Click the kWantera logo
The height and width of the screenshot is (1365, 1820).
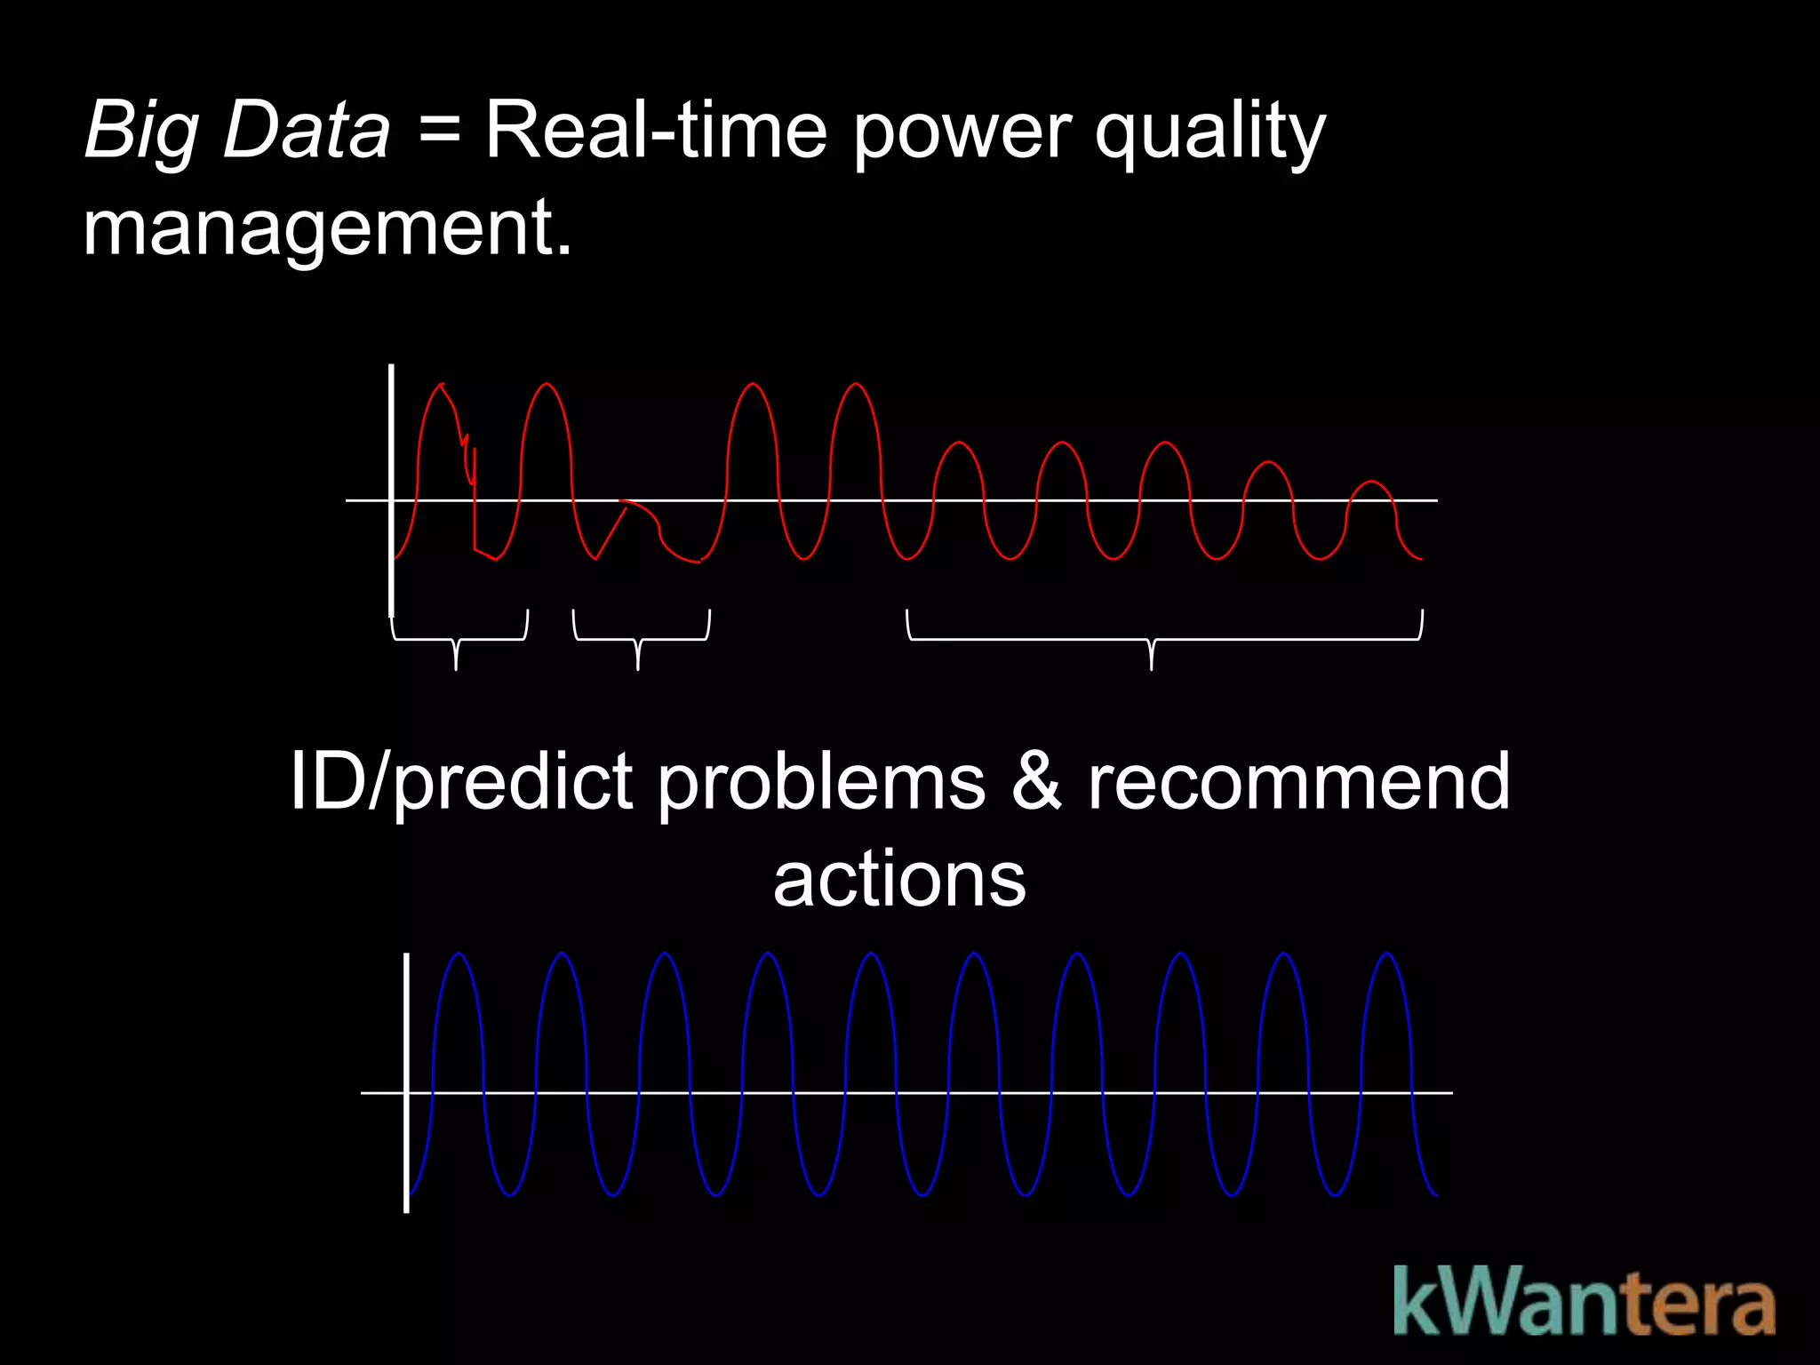pyautogui.click(x=1584, y=1302)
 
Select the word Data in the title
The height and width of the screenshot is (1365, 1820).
pyautogui.click(x=307, y=132)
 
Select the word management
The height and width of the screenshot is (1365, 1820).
pyautogui.click(x=326, y=229)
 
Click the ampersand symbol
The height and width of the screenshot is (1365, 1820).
pyautogui.click(x=1036, y=782)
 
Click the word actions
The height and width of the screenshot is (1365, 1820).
pyautogui.click(x=899, y=880)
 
